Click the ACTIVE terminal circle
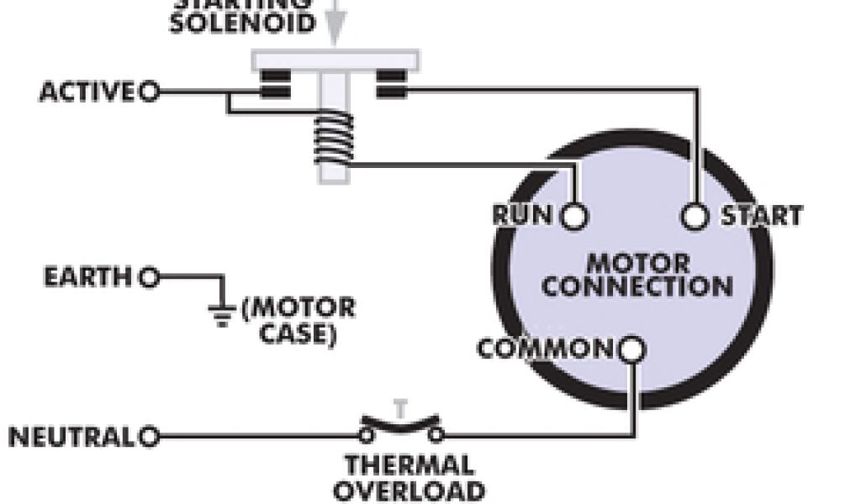point(149,92)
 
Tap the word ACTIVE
point(87,92)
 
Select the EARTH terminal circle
point(150,276)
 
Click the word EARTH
point(88,276)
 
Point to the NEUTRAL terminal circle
point(150,437)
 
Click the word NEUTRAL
point(71,437)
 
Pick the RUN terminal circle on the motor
point(574,216)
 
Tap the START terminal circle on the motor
point(695,216)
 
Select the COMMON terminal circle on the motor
point(633,348)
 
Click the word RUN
point(523,216)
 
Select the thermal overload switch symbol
point(401,427)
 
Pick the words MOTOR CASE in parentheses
point(298,321)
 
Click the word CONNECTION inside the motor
point(637,286)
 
